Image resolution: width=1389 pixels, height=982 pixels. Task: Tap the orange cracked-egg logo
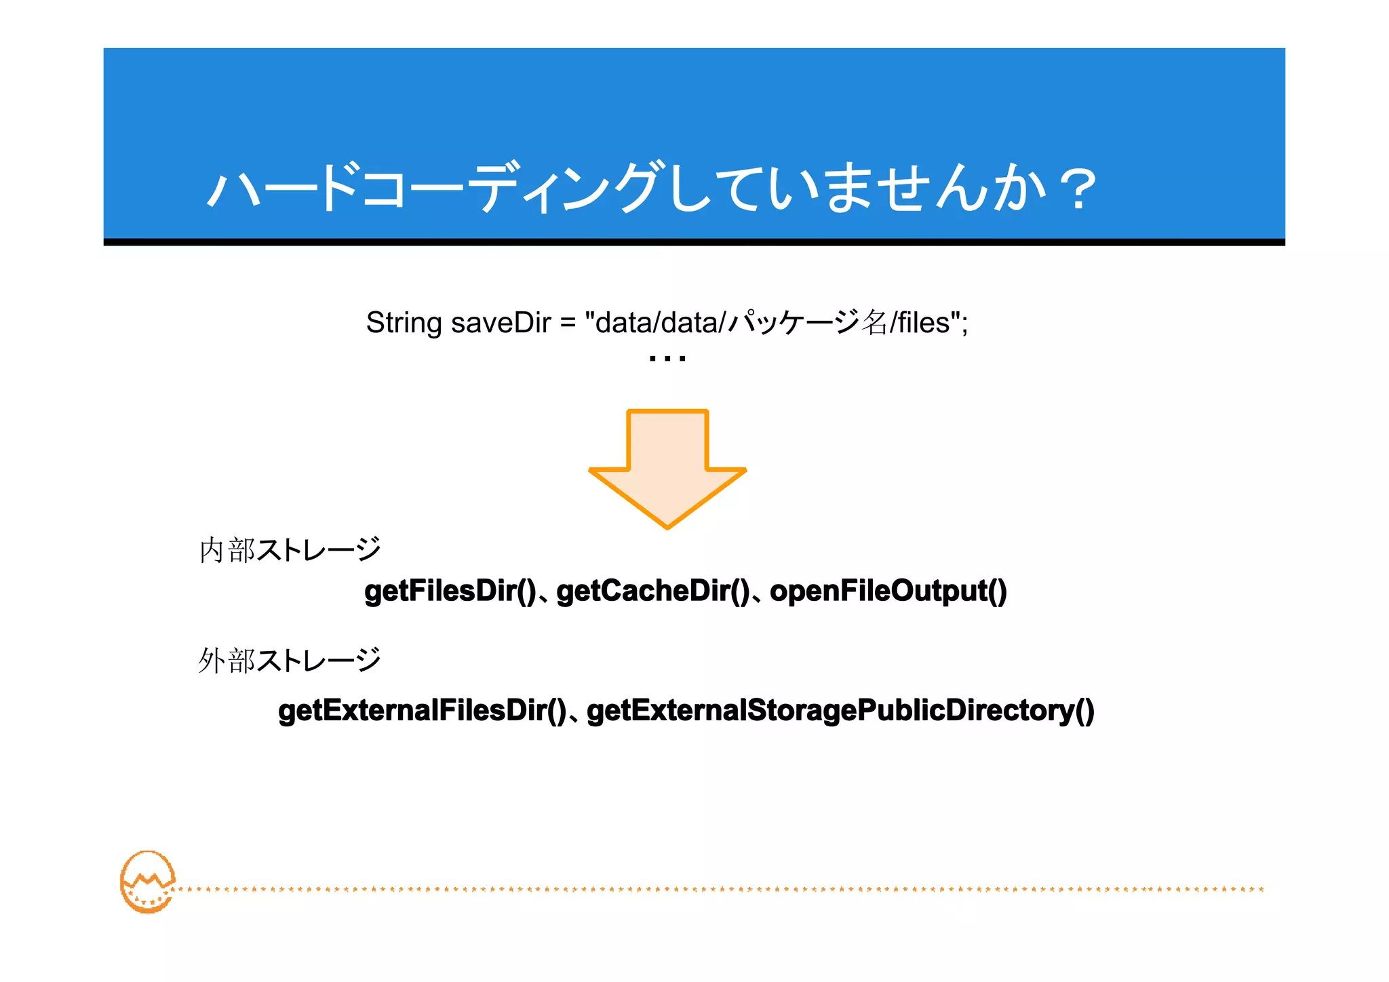[147, 882]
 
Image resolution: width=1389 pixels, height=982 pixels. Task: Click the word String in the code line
[404, 323]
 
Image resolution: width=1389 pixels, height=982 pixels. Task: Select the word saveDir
[501, 323]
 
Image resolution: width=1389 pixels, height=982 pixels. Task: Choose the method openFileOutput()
[888, 591]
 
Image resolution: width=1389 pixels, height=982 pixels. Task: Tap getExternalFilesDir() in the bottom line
[422, 711]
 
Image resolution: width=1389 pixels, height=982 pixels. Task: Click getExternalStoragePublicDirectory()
[840, 711]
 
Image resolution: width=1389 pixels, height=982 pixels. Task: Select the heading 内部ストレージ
[290, 549]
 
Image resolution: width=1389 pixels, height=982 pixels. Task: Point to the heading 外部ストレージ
[290, 660]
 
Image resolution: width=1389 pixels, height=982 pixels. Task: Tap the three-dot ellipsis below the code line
[667, 358]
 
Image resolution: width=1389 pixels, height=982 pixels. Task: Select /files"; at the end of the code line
[929, 323]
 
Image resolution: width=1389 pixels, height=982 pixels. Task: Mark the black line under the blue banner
[694, 242]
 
